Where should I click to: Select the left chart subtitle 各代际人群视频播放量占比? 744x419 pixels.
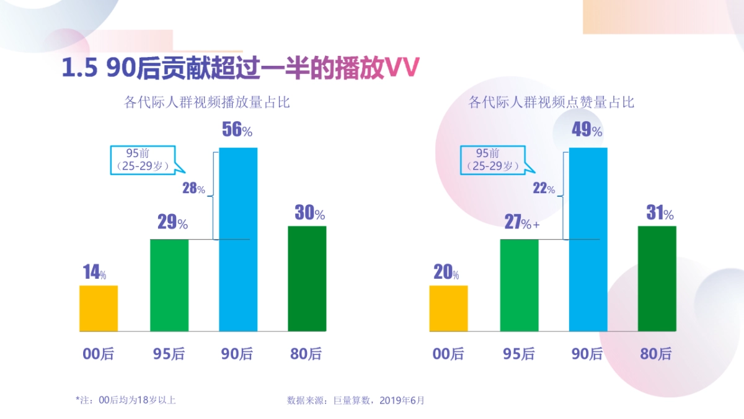coord(207,102)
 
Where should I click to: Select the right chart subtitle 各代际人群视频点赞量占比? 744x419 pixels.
coord(551,102)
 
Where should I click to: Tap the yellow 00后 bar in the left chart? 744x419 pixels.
coord(99,309)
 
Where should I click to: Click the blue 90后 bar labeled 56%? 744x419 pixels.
coord(239,239)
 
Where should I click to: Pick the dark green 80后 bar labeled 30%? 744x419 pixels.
coord(307,278)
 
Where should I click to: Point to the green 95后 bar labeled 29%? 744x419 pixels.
coord(169,285)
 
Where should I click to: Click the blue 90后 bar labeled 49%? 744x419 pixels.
coord(588,239)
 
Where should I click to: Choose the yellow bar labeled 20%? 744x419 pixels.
coord(448,309)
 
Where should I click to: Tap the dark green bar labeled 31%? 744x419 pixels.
coord(657,278)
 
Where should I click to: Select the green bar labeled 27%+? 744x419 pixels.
coord(519,285)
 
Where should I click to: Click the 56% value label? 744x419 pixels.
coord(237,130)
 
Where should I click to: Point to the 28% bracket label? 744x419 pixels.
coord(193,189)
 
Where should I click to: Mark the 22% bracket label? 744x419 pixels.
coord(544,189)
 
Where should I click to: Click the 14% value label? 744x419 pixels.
coord(94,273)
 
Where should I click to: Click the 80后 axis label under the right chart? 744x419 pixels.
coord(656,354)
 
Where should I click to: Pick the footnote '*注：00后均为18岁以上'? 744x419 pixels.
coord(126,400)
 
